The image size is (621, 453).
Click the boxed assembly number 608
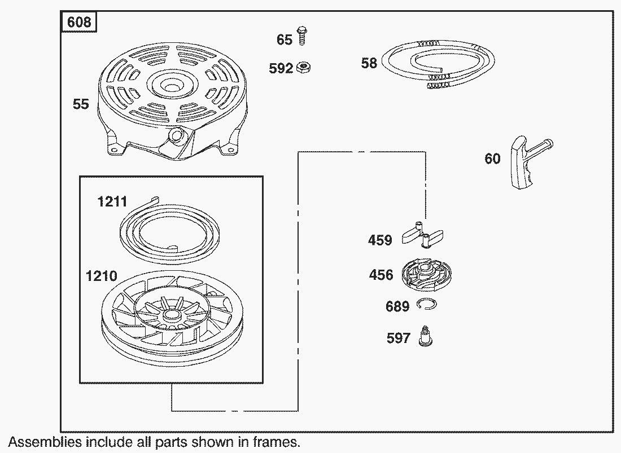click(x=79, y=21)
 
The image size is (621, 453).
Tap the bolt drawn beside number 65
click(x=302, y=35)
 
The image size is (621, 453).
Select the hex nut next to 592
click(x=303, y=67)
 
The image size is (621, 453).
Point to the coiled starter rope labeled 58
click(x=437, y=63)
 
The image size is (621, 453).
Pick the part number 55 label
click(x=81, y=104)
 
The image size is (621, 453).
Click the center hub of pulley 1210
click(x=171, y=315)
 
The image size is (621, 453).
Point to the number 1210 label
click(x=102, y=276)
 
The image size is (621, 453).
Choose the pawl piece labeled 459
click(x=423, y=235)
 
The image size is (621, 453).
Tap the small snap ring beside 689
click(x=427, y=304)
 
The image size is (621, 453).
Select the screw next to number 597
click(x=425, y=336)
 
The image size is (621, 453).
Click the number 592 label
click(x=281, y=68)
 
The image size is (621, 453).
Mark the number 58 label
click(x=369, y=63)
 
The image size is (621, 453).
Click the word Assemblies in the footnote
click(x=45, y=442)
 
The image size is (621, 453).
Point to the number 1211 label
click(x=112, y=202)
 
